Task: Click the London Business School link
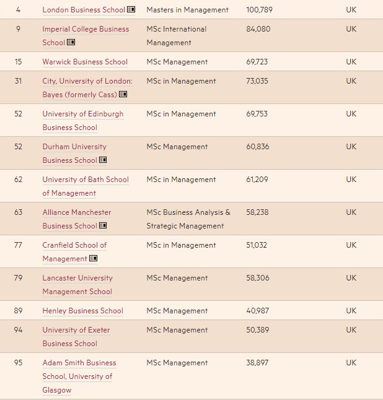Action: click(84, 10)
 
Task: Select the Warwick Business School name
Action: click(85, 62)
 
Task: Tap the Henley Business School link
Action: click(82, 311)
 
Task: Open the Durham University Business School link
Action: click(74, 154)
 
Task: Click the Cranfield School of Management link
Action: click(74, 251)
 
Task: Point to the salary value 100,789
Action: click(259, 10)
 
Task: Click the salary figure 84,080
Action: click(258, 29)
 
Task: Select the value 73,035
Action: click(257, 81)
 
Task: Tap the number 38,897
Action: click(257, 363)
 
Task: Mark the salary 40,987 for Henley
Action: click(257, 311)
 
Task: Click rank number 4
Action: click(18, 10)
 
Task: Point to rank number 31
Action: click(18, 81)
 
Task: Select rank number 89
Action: click(18, 311)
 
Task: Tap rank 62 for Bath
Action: click(18, 180)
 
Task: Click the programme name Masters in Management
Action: click(187, 10)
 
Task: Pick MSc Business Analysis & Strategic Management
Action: click(188, 219)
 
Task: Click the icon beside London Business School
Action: click(131, 10)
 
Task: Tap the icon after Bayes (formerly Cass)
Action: click(123, 95)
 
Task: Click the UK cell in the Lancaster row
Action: click(351, 278)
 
